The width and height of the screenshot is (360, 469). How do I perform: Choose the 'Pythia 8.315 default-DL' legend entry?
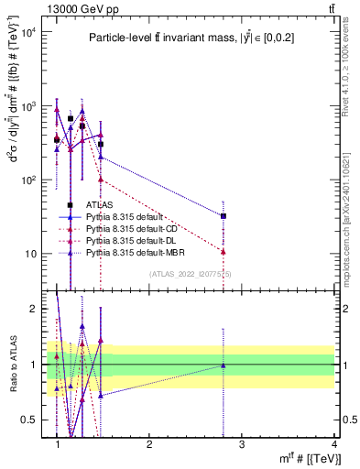click(x=125, y=239)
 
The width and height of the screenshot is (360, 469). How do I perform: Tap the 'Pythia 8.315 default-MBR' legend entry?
click(x=127, y=250)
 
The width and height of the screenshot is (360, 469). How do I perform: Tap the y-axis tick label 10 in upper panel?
click(x=33, y=254)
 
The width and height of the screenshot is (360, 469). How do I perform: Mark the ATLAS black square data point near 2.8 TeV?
click(x=224, y=216)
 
